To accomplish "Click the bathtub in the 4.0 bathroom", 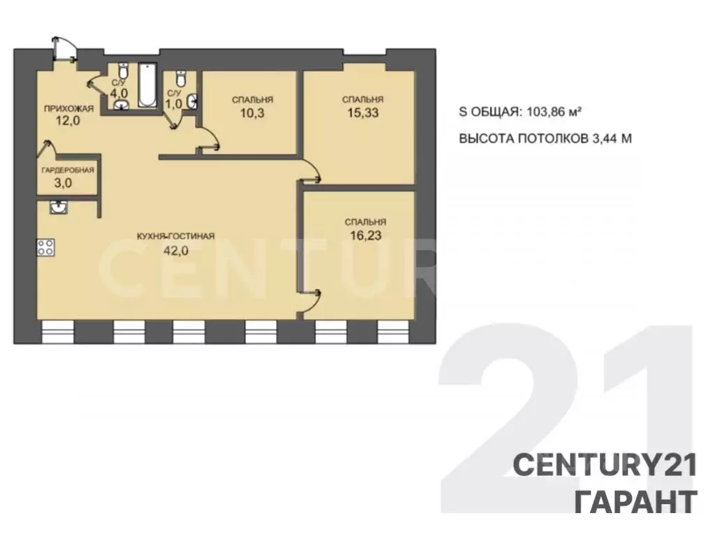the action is pos(147,85).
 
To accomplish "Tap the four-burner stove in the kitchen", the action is pos(45,248).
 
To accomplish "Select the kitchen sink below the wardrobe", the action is pos(59,207).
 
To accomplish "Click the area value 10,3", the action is pos(252,112).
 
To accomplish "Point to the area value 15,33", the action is pos(363,112).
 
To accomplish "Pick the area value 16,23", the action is pos(366,235).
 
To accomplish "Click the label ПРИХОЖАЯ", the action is pos(68,108).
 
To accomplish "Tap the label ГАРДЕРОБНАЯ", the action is pos(68,170).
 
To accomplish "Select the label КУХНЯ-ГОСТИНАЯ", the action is pos(175,236).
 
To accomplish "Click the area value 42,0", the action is pos(176,250).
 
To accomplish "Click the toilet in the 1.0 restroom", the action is pos(181,78).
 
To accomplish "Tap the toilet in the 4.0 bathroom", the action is pos(123,71).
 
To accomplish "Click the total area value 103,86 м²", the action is pos(554,111).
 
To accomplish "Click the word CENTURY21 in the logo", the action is pos(605,466).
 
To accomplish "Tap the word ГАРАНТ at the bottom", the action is pos(635,501).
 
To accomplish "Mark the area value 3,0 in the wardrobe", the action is pos(63,184).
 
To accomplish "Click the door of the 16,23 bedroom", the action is pos(310,301).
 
